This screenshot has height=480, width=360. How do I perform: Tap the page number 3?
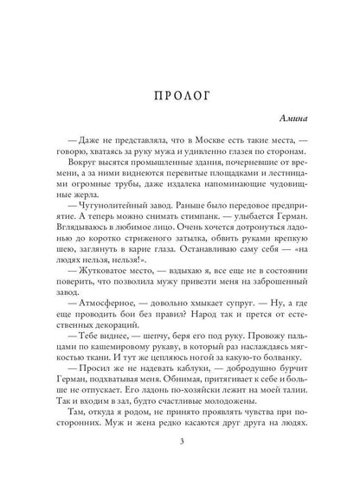coord(179,444)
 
